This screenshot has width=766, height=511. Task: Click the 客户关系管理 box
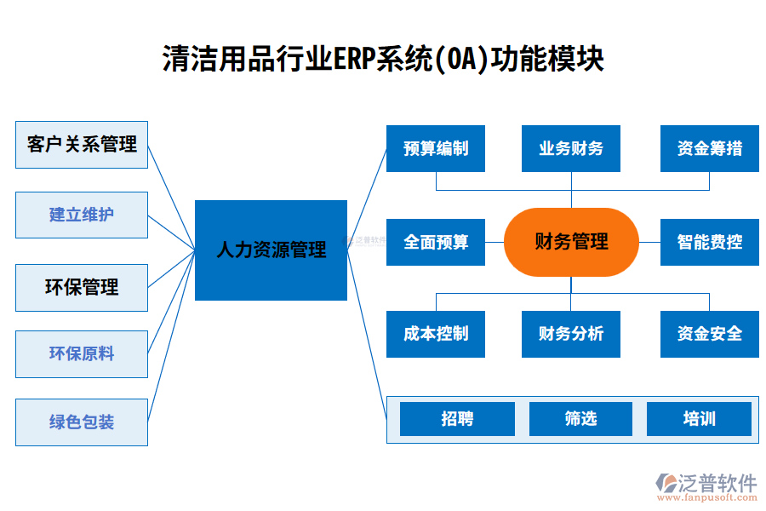pos(82,145)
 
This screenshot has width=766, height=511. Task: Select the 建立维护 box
pos(82,215)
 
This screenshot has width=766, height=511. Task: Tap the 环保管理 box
pos(82,287)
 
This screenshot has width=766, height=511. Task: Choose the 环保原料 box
pos(82,353)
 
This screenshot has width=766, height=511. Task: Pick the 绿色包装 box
pos(82,422)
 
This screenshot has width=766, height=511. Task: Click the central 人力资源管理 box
pos(271,250)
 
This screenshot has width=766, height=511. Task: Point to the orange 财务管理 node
pos(571,242)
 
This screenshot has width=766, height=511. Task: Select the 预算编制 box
pos(436,148)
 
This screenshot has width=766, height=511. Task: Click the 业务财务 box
pos(571,148)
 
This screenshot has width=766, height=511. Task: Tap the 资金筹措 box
pos(709,148)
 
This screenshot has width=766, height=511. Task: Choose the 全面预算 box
pos(436,242)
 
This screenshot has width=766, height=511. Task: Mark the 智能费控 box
pos(709,242)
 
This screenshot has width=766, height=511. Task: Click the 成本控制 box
pos(436,333)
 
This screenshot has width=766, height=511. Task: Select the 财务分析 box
pos(571,333)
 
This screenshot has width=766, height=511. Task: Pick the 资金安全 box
pos(709,333)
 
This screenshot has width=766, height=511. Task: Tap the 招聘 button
pos(457,419)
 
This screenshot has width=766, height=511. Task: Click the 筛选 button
pos(580,419)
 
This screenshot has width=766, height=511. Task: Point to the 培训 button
pos(699,419)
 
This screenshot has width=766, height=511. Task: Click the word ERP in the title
pos(355,60)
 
